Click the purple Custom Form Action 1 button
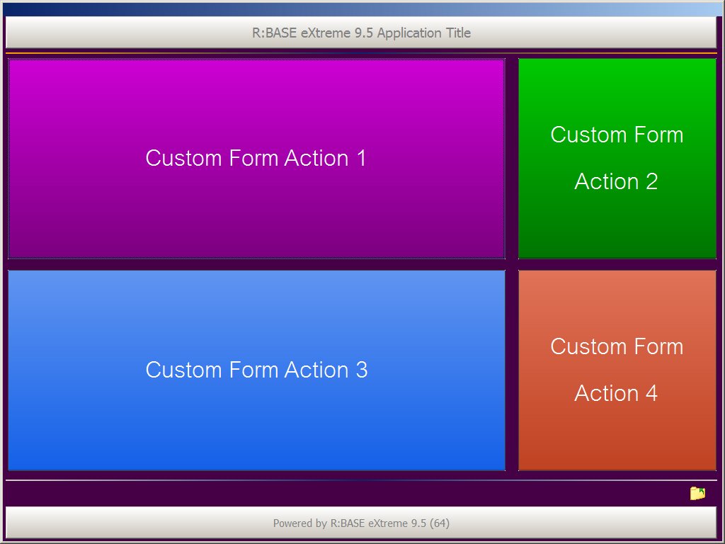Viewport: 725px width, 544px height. (256, 158)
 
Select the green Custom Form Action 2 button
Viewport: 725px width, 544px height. (617, 158)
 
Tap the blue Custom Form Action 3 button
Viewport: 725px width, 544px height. (256, 370)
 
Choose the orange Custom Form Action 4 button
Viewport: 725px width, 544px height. (617, 370)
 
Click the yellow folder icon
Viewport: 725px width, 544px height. (697, 493)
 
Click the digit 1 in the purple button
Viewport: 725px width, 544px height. (361, 158)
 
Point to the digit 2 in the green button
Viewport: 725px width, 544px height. (652, 181)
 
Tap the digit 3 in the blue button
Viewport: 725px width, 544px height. (362, 370)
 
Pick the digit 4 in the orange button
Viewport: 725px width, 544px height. (651, 393)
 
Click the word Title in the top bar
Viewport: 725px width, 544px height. (458, 33)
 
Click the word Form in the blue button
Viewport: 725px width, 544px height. (253, 370)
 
